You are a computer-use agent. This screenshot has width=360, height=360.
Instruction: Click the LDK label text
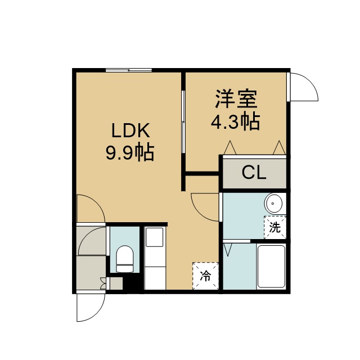click(x=130, y=130)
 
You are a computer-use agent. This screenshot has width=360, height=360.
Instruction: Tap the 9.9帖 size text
click(x=130, y=152)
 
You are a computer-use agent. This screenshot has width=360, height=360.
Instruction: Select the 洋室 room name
click(x=236, y=99)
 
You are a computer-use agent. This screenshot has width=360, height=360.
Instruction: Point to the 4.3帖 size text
click(x=235, y=121)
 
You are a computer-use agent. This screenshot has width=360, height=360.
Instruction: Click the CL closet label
click(x=254, y=173)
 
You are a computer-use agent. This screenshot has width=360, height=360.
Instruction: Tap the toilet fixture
click(x=125, y=259)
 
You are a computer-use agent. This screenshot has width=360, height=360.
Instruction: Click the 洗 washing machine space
click(x=275, y=227)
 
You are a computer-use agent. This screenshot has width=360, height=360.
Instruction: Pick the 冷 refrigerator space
click(x=205, y=276)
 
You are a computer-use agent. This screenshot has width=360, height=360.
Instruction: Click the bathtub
click(x=271, y=267)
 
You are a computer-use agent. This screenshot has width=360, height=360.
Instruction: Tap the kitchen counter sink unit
click(x=155, y=258)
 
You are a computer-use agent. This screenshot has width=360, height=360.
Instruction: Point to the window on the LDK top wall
click(x=129, y=70)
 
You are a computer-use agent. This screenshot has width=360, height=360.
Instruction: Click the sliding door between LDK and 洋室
click(x=183, y=121)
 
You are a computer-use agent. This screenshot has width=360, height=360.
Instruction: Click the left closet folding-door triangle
click(x=230, y=147)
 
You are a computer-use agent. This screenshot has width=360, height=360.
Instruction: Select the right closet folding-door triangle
click(x=279, y=147)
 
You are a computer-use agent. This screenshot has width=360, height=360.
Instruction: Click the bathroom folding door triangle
click(x=227, y=250)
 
